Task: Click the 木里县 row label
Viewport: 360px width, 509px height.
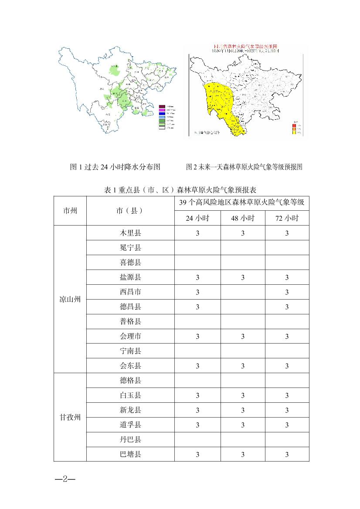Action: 130,233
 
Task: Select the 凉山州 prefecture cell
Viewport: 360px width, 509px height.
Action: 70,300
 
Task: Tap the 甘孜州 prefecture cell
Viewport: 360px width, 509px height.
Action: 70,417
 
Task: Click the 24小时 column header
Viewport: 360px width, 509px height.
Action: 197,218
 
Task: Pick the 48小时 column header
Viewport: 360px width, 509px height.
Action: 243,218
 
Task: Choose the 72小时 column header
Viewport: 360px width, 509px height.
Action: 287,218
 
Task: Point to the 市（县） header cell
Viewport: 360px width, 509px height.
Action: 130,210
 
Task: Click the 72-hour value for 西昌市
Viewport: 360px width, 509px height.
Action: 287,292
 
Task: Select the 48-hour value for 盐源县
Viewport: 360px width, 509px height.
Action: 243,277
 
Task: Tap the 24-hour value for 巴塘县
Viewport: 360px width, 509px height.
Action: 197,455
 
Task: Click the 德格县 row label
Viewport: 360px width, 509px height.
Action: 130,381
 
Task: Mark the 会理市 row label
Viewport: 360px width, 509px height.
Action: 130,336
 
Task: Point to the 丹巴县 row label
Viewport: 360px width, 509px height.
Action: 130,440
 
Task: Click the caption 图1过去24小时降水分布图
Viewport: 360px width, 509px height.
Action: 115,167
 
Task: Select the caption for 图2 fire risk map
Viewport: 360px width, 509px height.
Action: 244,167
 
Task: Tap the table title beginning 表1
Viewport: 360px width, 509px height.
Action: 181,190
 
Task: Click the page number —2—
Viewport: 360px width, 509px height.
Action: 65,479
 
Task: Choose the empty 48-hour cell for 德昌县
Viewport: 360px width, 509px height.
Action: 243,307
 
